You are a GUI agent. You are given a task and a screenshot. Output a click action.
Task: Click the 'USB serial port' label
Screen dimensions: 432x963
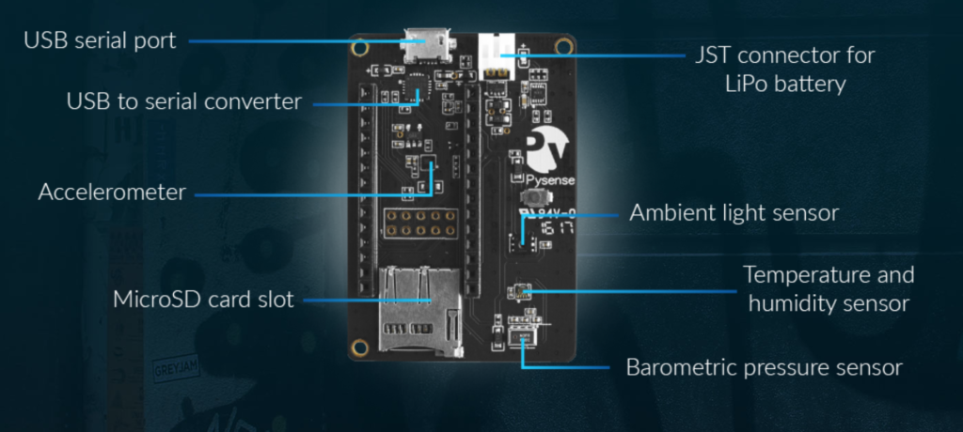coord(100,41)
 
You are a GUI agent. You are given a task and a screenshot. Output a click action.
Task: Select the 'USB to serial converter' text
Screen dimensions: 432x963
coord(184,100)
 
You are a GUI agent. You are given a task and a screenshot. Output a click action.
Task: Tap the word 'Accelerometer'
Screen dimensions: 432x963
coord(112,193)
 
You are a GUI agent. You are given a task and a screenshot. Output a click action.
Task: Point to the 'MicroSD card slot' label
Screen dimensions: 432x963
coord(204,301)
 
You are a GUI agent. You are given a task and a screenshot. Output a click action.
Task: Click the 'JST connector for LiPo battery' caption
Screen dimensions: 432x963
coord(784,69)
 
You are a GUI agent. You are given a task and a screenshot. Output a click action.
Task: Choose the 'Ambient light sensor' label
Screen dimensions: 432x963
coord(734,213)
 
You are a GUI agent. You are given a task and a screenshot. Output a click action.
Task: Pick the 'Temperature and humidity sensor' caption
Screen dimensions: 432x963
coord(828,289)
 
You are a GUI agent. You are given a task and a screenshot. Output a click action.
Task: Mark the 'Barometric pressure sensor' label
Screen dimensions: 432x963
coord(764,367)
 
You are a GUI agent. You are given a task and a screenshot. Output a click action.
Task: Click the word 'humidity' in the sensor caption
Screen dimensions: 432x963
coord(795,303)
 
